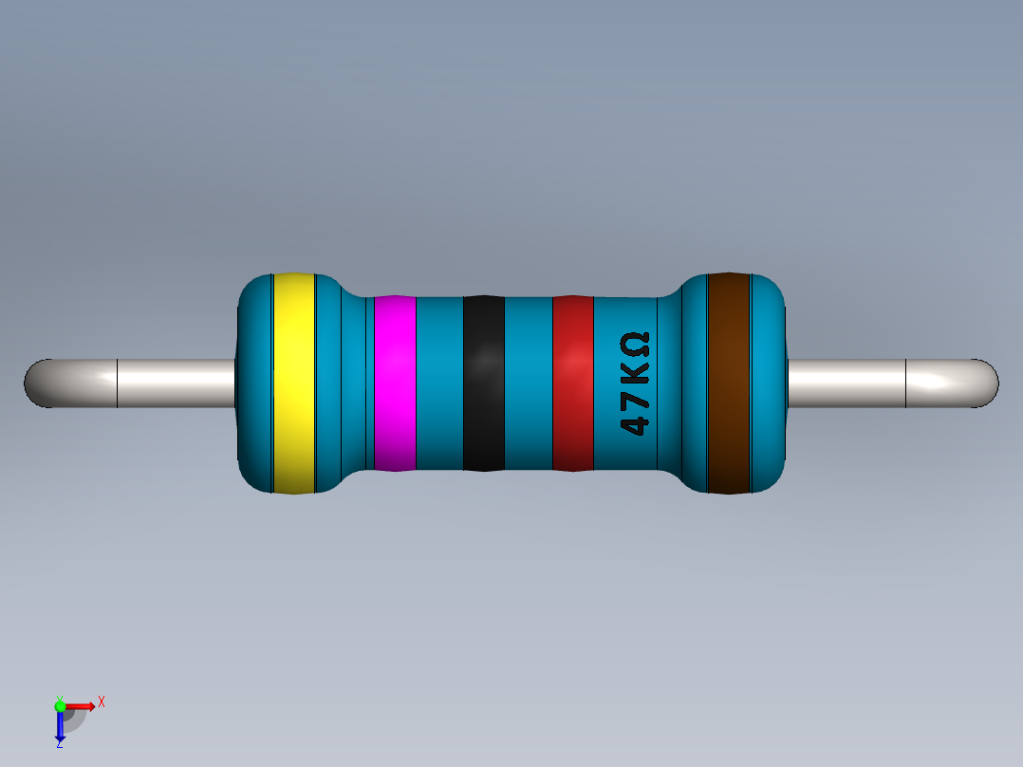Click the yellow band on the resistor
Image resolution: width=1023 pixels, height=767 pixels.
tap(293, 383)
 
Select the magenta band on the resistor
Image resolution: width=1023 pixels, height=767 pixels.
tap(395, 383)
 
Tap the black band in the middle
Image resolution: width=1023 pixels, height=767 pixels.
tap(483, 383)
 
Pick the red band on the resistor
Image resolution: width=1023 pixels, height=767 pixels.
tap(572, 383)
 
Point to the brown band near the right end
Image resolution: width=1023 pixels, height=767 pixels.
tap(729, 383)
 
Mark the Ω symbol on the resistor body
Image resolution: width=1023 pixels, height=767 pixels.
tap(635, 343)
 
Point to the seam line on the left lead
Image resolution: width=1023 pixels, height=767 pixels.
tap(117, 383)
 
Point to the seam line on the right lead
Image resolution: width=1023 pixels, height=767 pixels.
tap(906, 383)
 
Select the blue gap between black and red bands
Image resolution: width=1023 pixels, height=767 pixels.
tap(528, 383)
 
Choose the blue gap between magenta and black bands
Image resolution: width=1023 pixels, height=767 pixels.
tap(439, 383)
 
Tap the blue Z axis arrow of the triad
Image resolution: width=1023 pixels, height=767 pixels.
tap(60, 727)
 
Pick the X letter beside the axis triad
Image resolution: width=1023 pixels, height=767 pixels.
tap(101, 702)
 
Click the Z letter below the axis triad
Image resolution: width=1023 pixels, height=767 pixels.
tap(59, 745)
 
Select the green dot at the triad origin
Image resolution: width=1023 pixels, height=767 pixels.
tap(60, 705)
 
